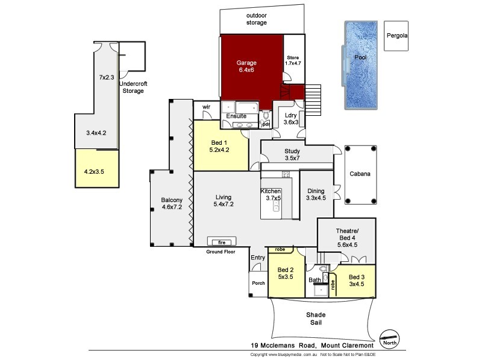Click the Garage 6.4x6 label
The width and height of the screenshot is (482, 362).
tap(246, 66)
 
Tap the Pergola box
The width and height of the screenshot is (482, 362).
tap(397, 36)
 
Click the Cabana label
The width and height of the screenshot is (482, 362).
tap(360, 174)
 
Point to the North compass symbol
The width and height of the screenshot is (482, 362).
tap(390, 339)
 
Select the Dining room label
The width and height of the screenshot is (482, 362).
tap(316, 194)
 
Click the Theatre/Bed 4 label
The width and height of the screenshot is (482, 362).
tap(346, 236)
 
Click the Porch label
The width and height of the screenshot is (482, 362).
tap(258, 283)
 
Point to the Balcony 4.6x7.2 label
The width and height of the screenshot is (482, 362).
tap(171, 205)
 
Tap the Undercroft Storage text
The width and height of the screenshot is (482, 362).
tap(133, 87)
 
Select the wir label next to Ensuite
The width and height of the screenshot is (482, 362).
tap(205, 107)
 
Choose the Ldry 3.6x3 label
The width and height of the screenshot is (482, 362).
tap(291, 118)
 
